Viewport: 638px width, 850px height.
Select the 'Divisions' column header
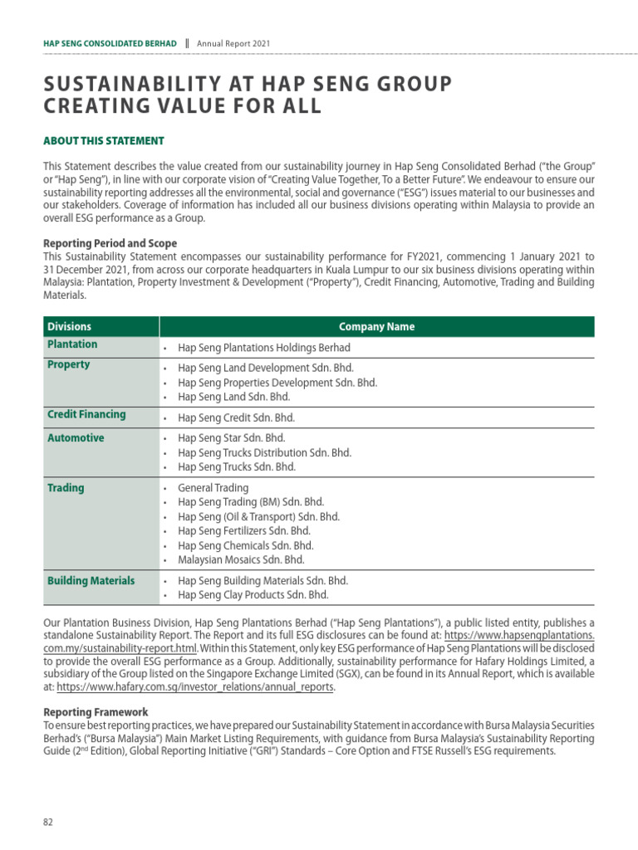[x=69, y=326]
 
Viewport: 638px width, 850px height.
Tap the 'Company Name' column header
[x=376, y=326]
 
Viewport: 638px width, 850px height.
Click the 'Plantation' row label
[x=72, y=344]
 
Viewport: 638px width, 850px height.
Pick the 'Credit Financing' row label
[x=86, y=414]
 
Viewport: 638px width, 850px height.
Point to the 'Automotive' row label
[x=76, y=437]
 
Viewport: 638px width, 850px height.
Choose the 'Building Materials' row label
[x=91, y=580]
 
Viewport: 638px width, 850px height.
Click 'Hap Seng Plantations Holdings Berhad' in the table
[x=263, y=348]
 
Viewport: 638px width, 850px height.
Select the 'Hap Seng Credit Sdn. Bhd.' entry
[x=236, y=418]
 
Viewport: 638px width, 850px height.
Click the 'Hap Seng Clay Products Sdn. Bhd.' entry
[x=253, y=594]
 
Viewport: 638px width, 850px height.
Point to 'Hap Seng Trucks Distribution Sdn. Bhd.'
[x=264, y=452]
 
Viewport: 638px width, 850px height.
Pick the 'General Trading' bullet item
[x=213, y=488]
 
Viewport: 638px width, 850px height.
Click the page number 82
[x=48, y=822]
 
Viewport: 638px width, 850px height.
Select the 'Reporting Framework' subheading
[x=96, y=712]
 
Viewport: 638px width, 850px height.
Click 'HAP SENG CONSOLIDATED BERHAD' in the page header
[x=110, y=43]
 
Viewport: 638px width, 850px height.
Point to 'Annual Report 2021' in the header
[x=233, y=43]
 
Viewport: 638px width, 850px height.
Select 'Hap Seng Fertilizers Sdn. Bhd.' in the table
[x=244, y=531]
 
